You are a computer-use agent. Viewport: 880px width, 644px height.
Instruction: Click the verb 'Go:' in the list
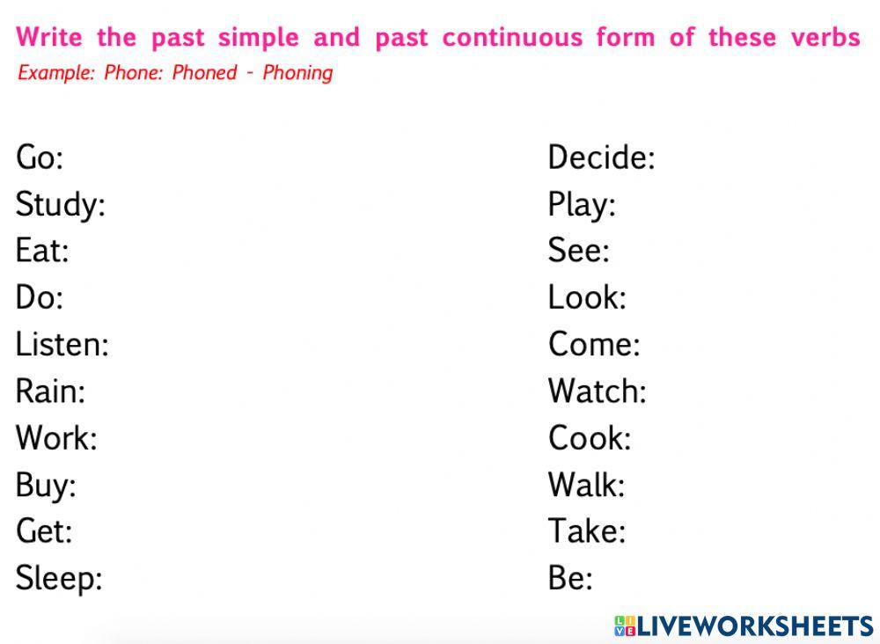[40, 158]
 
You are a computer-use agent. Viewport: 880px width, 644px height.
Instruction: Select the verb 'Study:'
[60, 206]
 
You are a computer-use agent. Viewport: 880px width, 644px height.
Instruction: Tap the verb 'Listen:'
[62, 344]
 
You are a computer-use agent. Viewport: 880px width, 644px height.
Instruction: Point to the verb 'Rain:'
[50, 391]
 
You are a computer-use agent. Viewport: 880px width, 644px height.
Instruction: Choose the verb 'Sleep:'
[59, 578]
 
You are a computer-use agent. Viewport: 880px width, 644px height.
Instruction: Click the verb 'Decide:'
[601, 158]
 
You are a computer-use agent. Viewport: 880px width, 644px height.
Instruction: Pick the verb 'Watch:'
[597, 391]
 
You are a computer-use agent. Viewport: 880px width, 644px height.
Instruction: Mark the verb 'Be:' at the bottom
[570, 578]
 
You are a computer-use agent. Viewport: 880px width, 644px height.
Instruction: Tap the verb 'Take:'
[586, 531]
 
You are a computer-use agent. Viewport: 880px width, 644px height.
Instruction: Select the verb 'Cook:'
[590, 437]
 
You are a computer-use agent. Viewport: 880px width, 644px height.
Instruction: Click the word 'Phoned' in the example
[204, 73]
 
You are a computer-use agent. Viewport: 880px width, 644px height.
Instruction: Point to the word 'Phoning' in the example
[297, 73]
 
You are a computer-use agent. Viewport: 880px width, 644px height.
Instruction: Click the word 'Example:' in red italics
[55, 73]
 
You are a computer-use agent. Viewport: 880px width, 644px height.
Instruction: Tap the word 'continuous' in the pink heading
[512, 38]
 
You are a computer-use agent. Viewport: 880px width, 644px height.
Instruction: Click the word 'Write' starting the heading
[49, 38]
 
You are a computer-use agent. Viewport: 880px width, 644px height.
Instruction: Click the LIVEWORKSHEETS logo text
[754, 626]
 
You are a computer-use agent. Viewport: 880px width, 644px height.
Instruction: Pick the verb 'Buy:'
[46, 485]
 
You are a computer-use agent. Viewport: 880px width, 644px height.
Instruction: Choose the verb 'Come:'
[594, 344]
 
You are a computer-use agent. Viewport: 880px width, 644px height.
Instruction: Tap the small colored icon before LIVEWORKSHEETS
[624, 626]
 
